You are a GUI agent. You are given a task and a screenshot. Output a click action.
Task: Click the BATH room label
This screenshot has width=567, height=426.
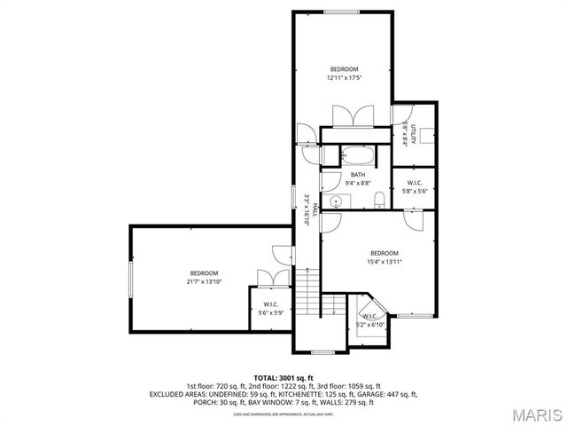point(358,175)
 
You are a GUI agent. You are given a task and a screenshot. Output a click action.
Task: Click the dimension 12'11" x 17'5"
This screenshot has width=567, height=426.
point(345,78)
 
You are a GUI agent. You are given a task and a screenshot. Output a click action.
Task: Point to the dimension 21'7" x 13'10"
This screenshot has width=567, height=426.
point(204,282)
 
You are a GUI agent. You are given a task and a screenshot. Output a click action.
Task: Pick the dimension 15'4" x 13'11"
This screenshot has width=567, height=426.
point(384,262)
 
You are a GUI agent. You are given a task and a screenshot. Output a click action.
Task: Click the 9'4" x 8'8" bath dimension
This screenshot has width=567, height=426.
point(358,183)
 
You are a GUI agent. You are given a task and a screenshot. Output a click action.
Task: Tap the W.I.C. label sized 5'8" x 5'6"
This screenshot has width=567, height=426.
point(414,183)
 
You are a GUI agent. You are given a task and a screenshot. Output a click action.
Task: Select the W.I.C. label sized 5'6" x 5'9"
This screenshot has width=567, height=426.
point(271,304)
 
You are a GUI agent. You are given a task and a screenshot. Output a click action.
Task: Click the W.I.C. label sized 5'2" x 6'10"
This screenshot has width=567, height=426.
point(370,316)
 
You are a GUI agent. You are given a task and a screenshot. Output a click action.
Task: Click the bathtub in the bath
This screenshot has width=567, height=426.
point(359,153)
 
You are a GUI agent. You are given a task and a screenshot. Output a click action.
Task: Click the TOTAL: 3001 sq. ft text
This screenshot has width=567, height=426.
point(283,378)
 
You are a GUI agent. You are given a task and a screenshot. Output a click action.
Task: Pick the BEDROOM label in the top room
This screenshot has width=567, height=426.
point(345,69)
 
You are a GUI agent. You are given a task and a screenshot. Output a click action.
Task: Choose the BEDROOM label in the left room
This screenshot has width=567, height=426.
point(204,273)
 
